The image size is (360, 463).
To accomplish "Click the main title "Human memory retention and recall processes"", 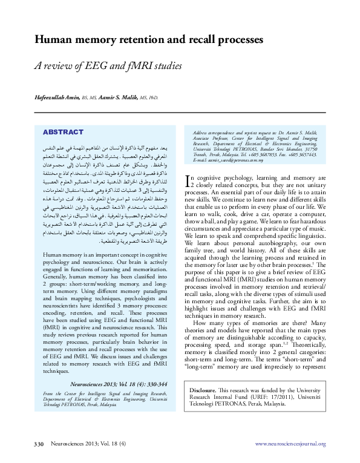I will pos(148,40).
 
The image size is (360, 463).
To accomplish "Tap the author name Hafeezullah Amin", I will pos(57,97).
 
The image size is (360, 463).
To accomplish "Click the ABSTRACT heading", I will pos(62,132).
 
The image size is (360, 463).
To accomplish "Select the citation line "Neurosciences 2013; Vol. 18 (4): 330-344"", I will pos(120,384).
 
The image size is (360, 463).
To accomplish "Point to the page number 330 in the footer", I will pos(38,444).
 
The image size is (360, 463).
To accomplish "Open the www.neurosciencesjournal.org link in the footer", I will pos(290,444).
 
